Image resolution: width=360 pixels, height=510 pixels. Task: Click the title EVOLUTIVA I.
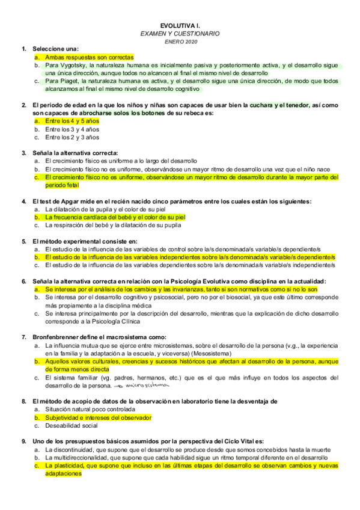click(x=180, y=25)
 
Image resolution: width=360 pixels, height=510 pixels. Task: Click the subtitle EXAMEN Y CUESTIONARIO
click(x=180, y=34)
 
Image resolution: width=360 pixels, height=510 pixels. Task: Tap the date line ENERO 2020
click(x=180, y=41)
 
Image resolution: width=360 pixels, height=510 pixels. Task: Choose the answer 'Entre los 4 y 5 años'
click(x=72, y=121)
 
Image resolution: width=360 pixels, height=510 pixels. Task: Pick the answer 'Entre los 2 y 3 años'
click(x=72, y=137)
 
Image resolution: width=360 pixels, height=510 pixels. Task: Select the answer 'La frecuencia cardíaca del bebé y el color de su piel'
click(x=115, y=217)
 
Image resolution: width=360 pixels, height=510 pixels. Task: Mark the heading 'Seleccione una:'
click(x=56, y=49)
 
